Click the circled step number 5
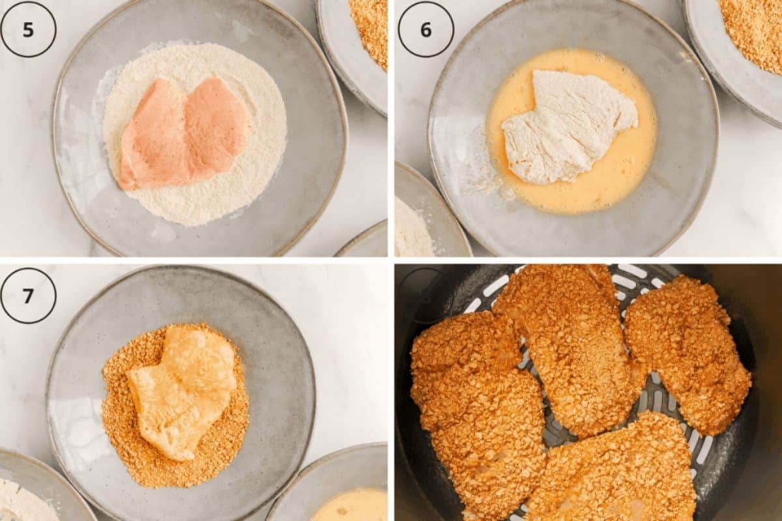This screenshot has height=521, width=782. (x=28, y=29)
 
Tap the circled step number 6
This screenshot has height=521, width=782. (x=426, y=29)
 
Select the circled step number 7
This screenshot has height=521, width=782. (x=28, y=295)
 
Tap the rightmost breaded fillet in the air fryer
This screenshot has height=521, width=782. (x=688, y=352)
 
